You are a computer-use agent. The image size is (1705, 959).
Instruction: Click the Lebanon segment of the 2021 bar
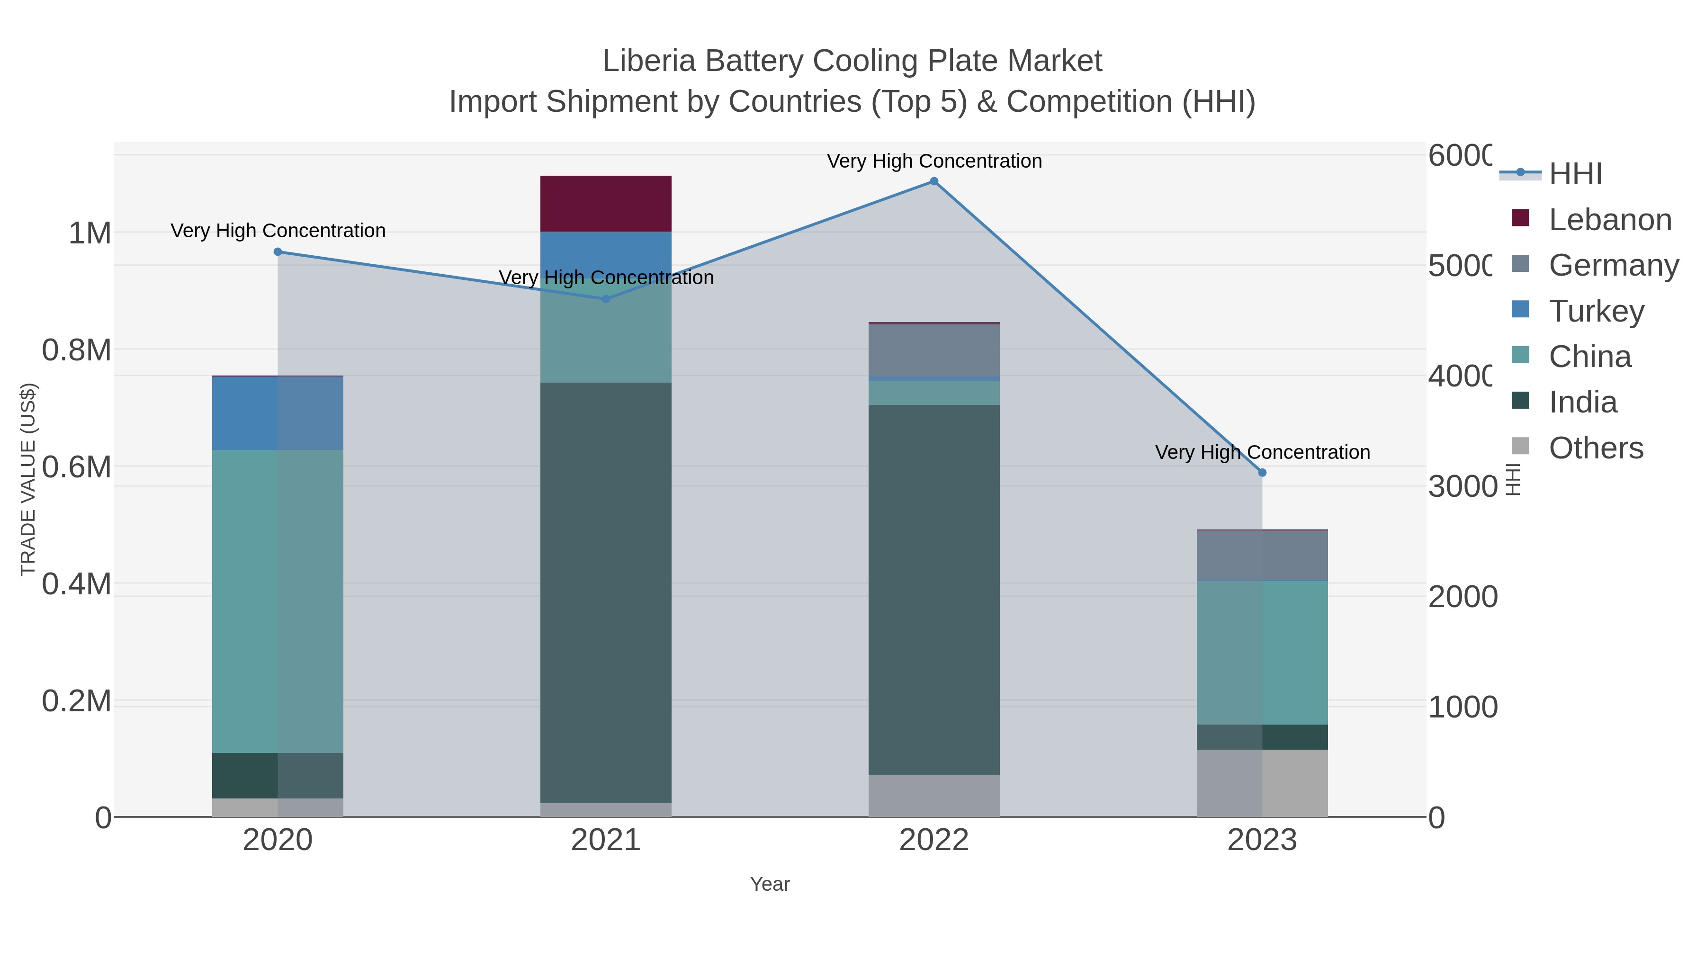[x=606, y=204]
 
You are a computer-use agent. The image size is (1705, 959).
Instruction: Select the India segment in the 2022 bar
[x=934, y=589]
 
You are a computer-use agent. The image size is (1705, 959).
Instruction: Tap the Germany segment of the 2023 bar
[x=1262, y=556]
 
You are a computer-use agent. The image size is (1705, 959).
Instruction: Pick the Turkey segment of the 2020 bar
[x=278, y=413]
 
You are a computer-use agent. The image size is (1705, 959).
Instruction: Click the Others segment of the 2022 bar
[x=934, y=796]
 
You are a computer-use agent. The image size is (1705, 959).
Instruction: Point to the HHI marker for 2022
[x=934, y=181]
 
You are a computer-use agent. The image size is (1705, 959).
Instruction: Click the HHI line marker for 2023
[x=1262, y=473]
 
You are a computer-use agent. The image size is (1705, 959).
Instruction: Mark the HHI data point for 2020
[x=278, y=252]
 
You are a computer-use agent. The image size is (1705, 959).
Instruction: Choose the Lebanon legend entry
[x=1610, y=220]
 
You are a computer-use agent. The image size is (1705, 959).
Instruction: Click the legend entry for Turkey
[x=1596, y=311]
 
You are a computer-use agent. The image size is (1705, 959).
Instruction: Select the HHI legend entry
[x=1575, y=174]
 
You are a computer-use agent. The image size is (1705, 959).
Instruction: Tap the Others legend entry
[x=1595, y=448]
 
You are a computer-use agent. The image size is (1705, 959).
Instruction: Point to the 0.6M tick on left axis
[x=77, y=467]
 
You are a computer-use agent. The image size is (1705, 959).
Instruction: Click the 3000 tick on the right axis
[x=1462, y=486]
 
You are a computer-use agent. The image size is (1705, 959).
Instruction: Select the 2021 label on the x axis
[x=606, y=841]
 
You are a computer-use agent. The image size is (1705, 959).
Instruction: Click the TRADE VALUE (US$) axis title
[x=28, y=479]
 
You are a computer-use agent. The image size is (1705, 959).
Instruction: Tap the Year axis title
[x=770, y=884]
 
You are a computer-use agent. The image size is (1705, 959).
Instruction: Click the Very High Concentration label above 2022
[x=934, y=161]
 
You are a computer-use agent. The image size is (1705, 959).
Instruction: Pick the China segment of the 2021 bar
[x=606, y=331]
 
